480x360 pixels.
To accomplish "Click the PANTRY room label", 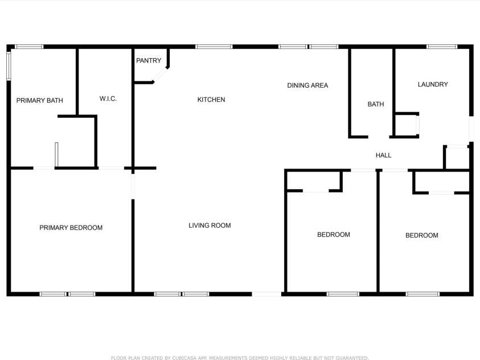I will pyautogui.click(x=149, y=60).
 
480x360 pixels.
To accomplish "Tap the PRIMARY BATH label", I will pyautogui.click(x=39, y=101).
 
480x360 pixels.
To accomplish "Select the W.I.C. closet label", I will pyautogui.click(x=108, y=99).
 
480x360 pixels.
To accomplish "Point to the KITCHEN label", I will pyautogui.click(x=211, y=100).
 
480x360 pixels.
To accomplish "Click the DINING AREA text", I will pyautogui.click(x=307, y=85).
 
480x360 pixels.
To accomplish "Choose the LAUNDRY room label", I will pyautogui.click(x=433, y=84).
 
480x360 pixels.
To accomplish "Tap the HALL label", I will pyautogui.click(x=383, y=156).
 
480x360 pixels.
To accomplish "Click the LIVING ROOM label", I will pyautogui.click(x=210, y=226).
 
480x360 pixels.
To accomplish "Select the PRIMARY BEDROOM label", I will pyautogui.click(x=71, y=228).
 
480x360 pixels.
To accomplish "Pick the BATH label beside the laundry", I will pyautogui.click(x=376, y=104).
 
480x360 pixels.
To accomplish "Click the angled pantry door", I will pyautogui.click(x=161, y=75).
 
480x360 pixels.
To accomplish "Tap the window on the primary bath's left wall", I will pyautogui.click(x=9, y=65).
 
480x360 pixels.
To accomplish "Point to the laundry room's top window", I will pyautogui.click(x=442, y=46).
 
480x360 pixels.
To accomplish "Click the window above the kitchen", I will pyautogui.click(x=214, y=46).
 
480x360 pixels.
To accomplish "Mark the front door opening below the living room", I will pyautogui.click(x=266, y=294).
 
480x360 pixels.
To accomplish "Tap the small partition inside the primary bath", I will pyautogui.click(x=56, y=154).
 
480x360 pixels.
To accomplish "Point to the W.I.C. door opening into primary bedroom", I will pyautogui.click(x=110, y=168).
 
